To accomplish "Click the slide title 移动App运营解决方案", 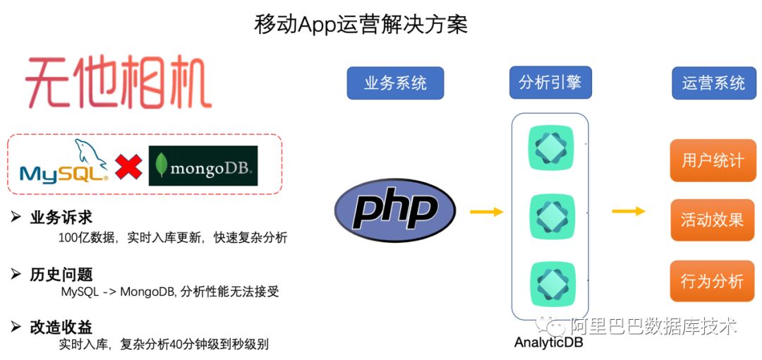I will click(361, 24).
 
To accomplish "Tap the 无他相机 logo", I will click(119, 84).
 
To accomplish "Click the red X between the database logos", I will click(128, 167).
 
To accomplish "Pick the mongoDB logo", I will click(203, 166).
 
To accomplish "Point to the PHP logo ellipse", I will click(394, 210).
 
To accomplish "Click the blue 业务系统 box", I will click(395, 83).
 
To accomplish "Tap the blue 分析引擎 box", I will click(550, 83).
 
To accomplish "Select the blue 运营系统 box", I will click(713, 83).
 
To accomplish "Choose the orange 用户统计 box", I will click(713, 160).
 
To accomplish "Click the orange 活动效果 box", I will click(713, 220).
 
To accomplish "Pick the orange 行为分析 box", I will click(713, 281).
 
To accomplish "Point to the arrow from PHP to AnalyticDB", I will click(486, 211).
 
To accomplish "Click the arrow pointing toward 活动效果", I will click(628, 211).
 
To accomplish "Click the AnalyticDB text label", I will click(549, 344).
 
